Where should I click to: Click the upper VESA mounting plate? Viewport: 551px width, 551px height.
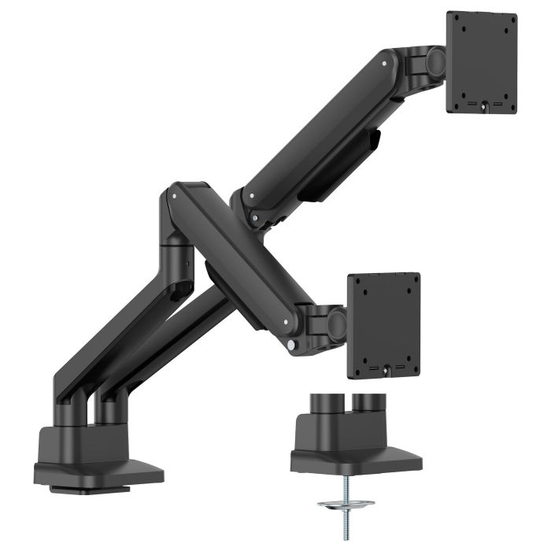pyautogui.click(x=481, y=63)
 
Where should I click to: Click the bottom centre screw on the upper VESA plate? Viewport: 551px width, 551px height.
pyautogui.click(x=483, y=102)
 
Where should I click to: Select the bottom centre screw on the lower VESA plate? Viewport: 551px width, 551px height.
pyautogui.click(x=385, y=367)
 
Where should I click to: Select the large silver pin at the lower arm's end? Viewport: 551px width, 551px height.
pyautogui.click(x=293, y=344)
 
